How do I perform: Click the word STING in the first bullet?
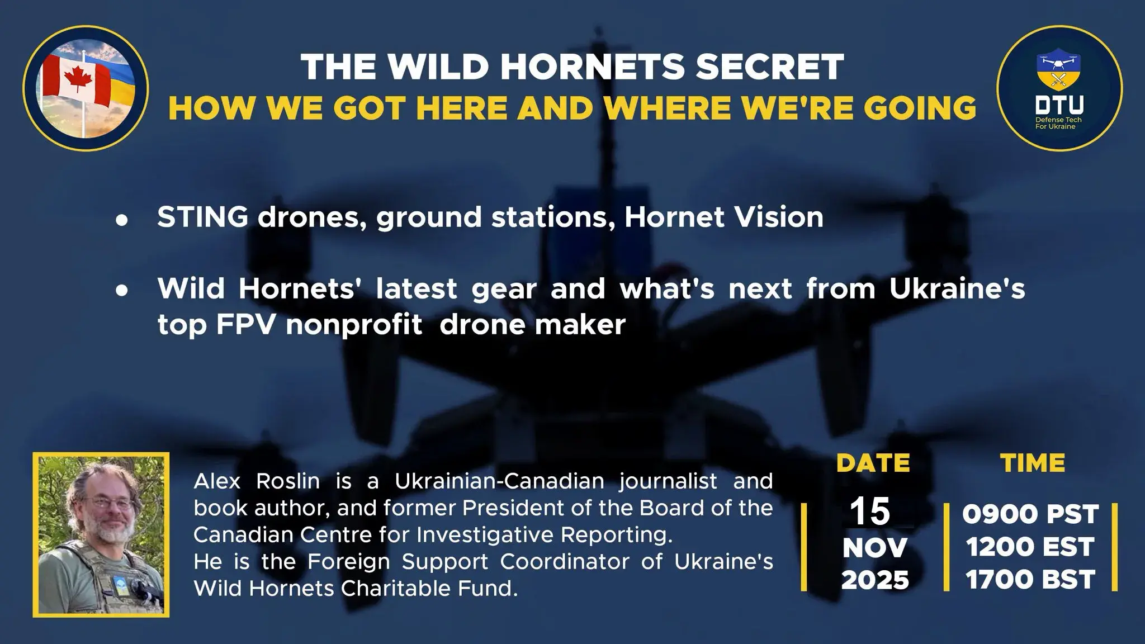pyautogui.click(x=203, y=217)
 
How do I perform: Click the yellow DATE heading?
pyautogui.click(x=873, y=463)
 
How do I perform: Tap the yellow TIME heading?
pyautogui.click(x=1033, y=463)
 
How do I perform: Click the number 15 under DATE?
pyautogui.click(x=870, y=512)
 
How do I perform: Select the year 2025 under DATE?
pyautogui.click(x=875, y=580)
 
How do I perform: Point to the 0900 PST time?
pyautogui.click(x=1030, y=514)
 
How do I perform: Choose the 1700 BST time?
pyautogui.click(x=1030, y=580)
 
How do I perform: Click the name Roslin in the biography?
pyautogui.click(x=288, y=481)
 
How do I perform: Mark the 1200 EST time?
pyautogui.click(x=1030, y=547)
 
